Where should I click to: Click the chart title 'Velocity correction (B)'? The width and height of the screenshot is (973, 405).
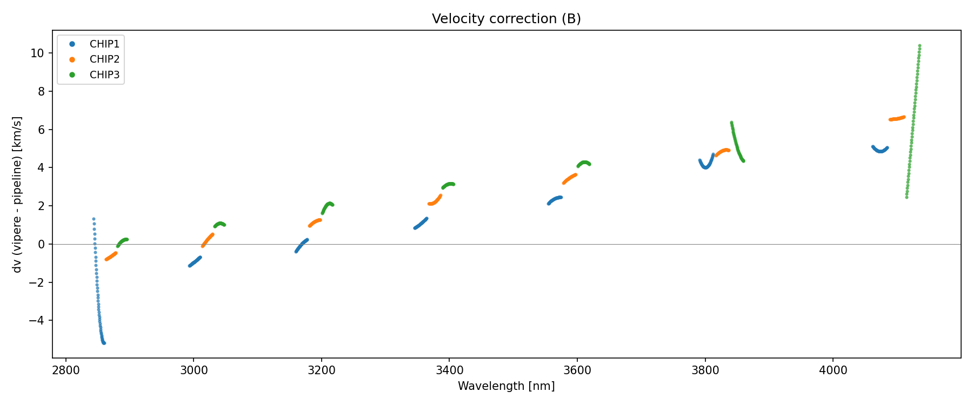pyautogui.click(x=506, y=19)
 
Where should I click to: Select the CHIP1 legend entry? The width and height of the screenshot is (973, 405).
pyautogui.click(x=104, y=44)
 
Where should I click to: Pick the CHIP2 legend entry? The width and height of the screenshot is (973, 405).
pyautogui.click(x=104, y=59)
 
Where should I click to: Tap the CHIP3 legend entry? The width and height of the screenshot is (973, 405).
pyautogui.click(x=104, y=75)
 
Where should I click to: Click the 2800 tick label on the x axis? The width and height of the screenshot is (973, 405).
pyautogui.click(x=66, y=370)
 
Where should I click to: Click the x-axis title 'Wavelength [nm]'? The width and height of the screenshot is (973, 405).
pyautogui.click(x=506, y=386)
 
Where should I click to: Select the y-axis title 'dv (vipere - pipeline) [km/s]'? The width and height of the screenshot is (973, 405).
pyautogui.click(x=17, y=194)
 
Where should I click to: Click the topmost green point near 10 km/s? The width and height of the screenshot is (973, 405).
pyautogui.click(x=919, y=46)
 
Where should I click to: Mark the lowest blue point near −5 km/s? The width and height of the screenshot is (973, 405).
pyautogui.click(x=104, y=343)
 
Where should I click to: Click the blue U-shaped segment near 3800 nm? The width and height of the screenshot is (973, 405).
pyautogui.click(x=705, y=167)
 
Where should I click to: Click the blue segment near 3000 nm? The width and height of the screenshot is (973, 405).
pyautogui.click(x=195, y=262)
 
